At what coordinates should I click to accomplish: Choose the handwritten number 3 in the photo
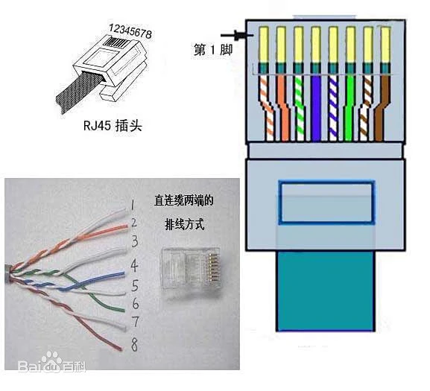click(133, 241)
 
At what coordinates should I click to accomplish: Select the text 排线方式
click(183, 224)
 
